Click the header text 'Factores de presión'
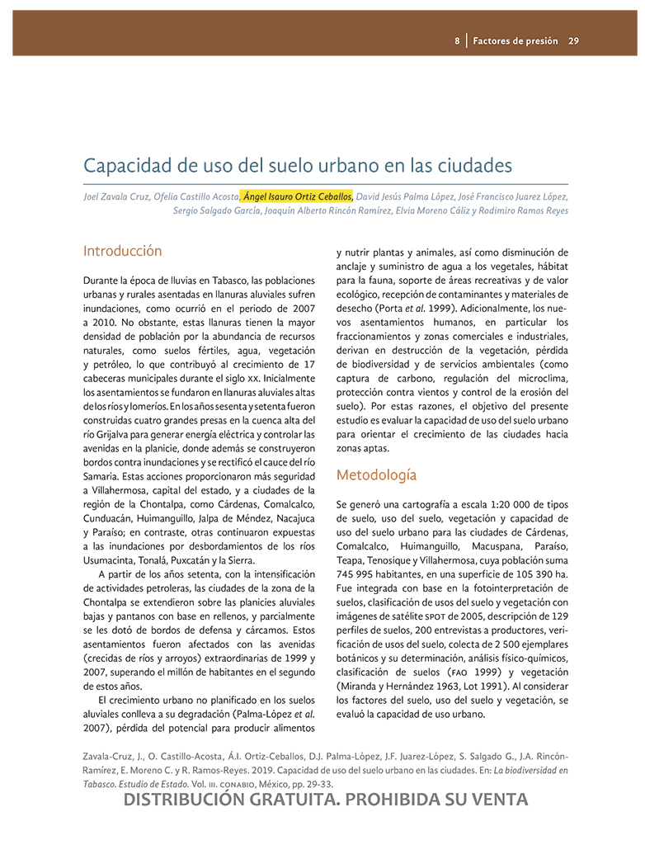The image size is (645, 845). [516, 40]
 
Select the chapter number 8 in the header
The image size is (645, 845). [457, 40]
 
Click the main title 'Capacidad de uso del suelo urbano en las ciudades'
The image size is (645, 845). [298, 165]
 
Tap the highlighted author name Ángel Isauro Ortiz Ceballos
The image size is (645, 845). [298, 196]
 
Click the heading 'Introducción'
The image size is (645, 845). [123, 251]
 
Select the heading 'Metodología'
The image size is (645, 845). [376, 475]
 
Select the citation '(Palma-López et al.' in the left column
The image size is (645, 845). [261, 714]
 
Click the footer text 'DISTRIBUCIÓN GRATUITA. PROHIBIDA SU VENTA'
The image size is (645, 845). [324, 800]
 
